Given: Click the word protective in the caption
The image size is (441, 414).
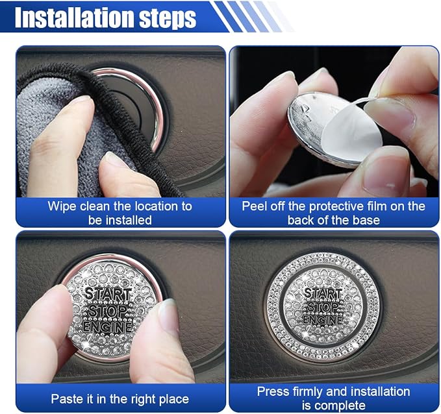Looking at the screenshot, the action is coord(336,206).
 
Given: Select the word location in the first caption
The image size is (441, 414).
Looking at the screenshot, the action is coord(156,206).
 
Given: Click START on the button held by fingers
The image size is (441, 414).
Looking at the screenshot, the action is coord(108,294).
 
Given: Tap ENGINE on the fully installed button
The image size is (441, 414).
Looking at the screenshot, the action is coord(323,319).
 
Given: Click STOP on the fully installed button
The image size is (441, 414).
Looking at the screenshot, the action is coord(323,307).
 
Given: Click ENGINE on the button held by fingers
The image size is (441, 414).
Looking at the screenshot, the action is coord(107,328).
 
